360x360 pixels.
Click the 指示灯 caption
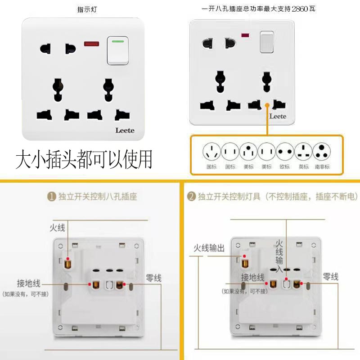[x=87, y=9]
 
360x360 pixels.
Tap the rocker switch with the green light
[x=117, y=50]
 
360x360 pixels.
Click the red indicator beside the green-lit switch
[x=92, y=44]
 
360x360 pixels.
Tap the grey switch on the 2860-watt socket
[x=267, y=42]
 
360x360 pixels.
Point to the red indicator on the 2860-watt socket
[x=246, y=35]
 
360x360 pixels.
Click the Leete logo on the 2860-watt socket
[x=278, y=116]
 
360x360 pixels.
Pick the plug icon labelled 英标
[x=304, y=151]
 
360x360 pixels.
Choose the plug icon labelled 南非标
[x=322, y=151]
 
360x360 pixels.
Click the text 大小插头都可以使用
[x=84, y=159]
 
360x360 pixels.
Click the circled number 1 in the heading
[x=52, y=197]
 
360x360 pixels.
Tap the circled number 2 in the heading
[x=191, y=197]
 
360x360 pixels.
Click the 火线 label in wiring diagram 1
[x=57, y=228]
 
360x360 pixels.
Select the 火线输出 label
[x=209, y=248]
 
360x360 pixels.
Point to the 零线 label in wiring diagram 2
[x=330, y=277]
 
